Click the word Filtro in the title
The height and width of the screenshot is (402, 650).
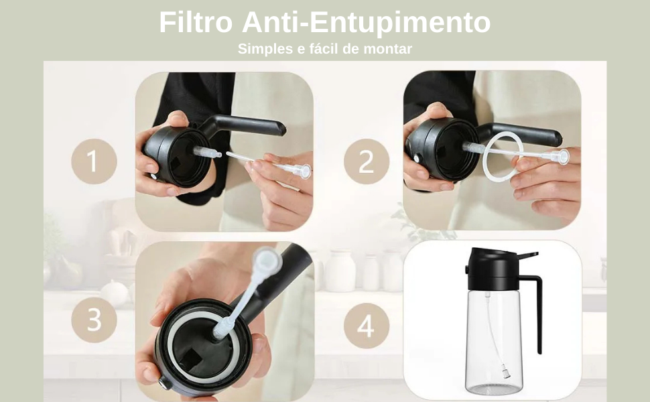pyautogui.click(x=196, y=22)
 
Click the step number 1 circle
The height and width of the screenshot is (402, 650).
pyautogui.click(x=94, y=161)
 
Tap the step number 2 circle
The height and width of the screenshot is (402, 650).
pyautogui.click(x=367, y=161)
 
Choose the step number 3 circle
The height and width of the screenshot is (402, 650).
pyautogui.click(x=94, y=319)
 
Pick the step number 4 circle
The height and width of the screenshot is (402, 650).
pyautogui.click(x=367, y=326)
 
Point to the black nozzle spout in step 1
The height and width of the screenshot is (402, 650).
pyautogui.click(x=248, y=125)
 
